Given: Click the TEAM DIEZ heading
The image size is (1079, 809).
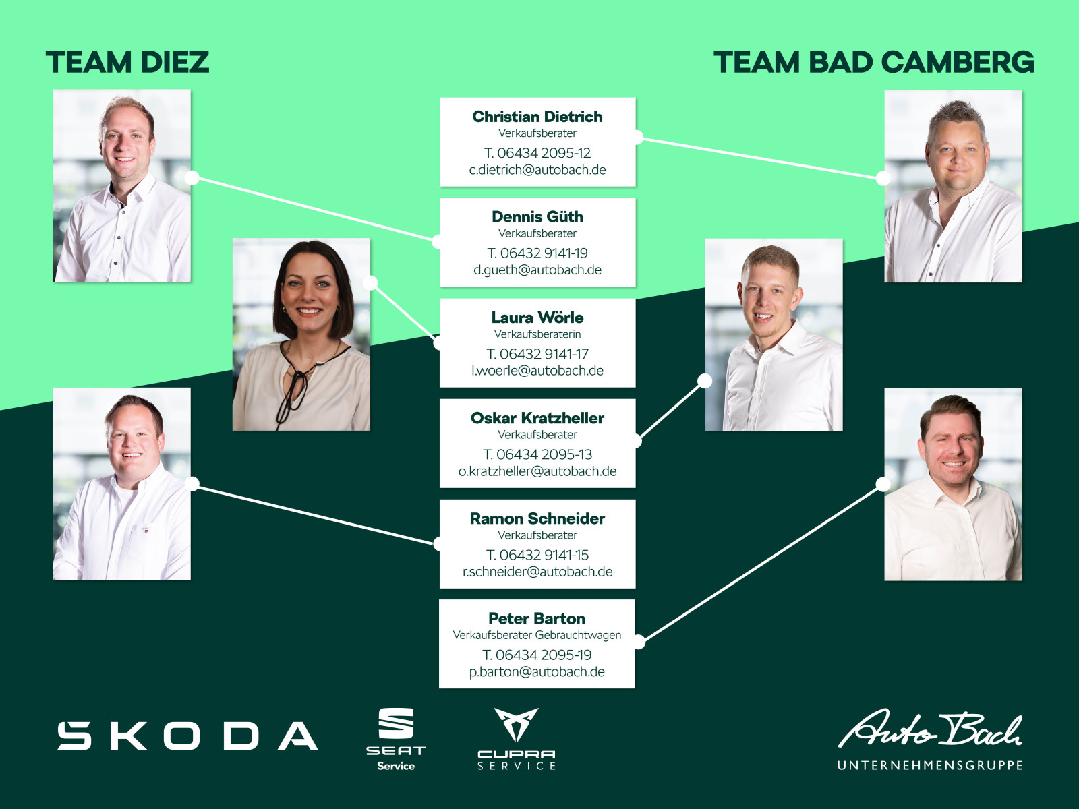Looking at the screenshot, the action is [x=127, y=62].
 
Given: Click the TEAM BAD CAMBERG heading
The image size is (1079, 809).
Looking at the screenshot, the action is [x=873, y=62].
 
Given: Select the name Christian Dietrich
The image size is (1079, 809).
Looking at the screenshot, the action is [x=537, y=117].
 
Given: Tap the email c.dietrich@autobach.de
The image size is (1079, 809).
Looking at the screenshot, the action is [x=537, y=170].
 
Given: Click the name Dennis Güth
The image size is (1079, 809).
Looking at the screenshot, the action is [x=537, y=216].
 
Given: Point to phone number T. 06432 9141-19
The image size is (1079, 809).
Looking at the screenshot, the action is [x=537, y=253].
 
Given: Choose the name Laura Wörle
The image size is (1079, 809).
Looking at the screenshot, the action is [x=537, y=318].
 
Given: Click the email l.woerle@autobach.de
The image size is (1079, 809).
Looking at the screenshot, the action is [x=537, y=371].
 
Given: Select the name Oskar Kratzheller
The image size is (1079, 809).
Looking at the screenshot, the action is [x=537, y=418].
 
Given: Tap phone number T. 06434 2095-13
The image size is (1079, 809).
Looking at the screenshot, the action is [x=537, y=454].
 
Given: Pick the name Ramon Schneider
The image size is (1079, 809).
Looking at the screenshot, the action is [x=537, y=518].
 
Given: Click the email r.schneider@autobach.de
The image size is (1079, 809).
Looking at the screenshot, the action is [x=537, y=572].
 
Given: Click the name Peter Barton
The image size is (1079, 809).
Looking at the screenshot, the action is [x=537, y=618].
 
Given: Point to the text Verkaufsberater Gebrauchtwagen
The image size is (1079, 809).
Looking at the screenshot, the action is [x=537, y=635].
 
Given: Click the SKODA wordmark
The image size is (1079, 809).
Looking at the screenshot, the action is [x=187, y=736].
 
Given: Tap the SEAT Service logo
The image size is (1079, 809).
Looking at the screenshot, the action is [x=396, y=740].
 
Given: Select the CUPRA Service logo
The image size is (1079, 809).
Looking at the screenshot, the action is [x=516, y=739].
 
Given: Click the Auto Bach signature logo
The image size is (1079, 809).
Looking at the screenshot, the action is [x=929, y=728].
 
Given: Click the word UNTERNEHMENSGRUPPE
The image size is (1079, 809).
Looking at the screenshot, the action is [x=930, y=765].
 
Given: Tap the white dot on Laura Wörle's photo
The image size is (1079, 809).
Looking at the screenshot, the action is [x=370, y=282].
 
